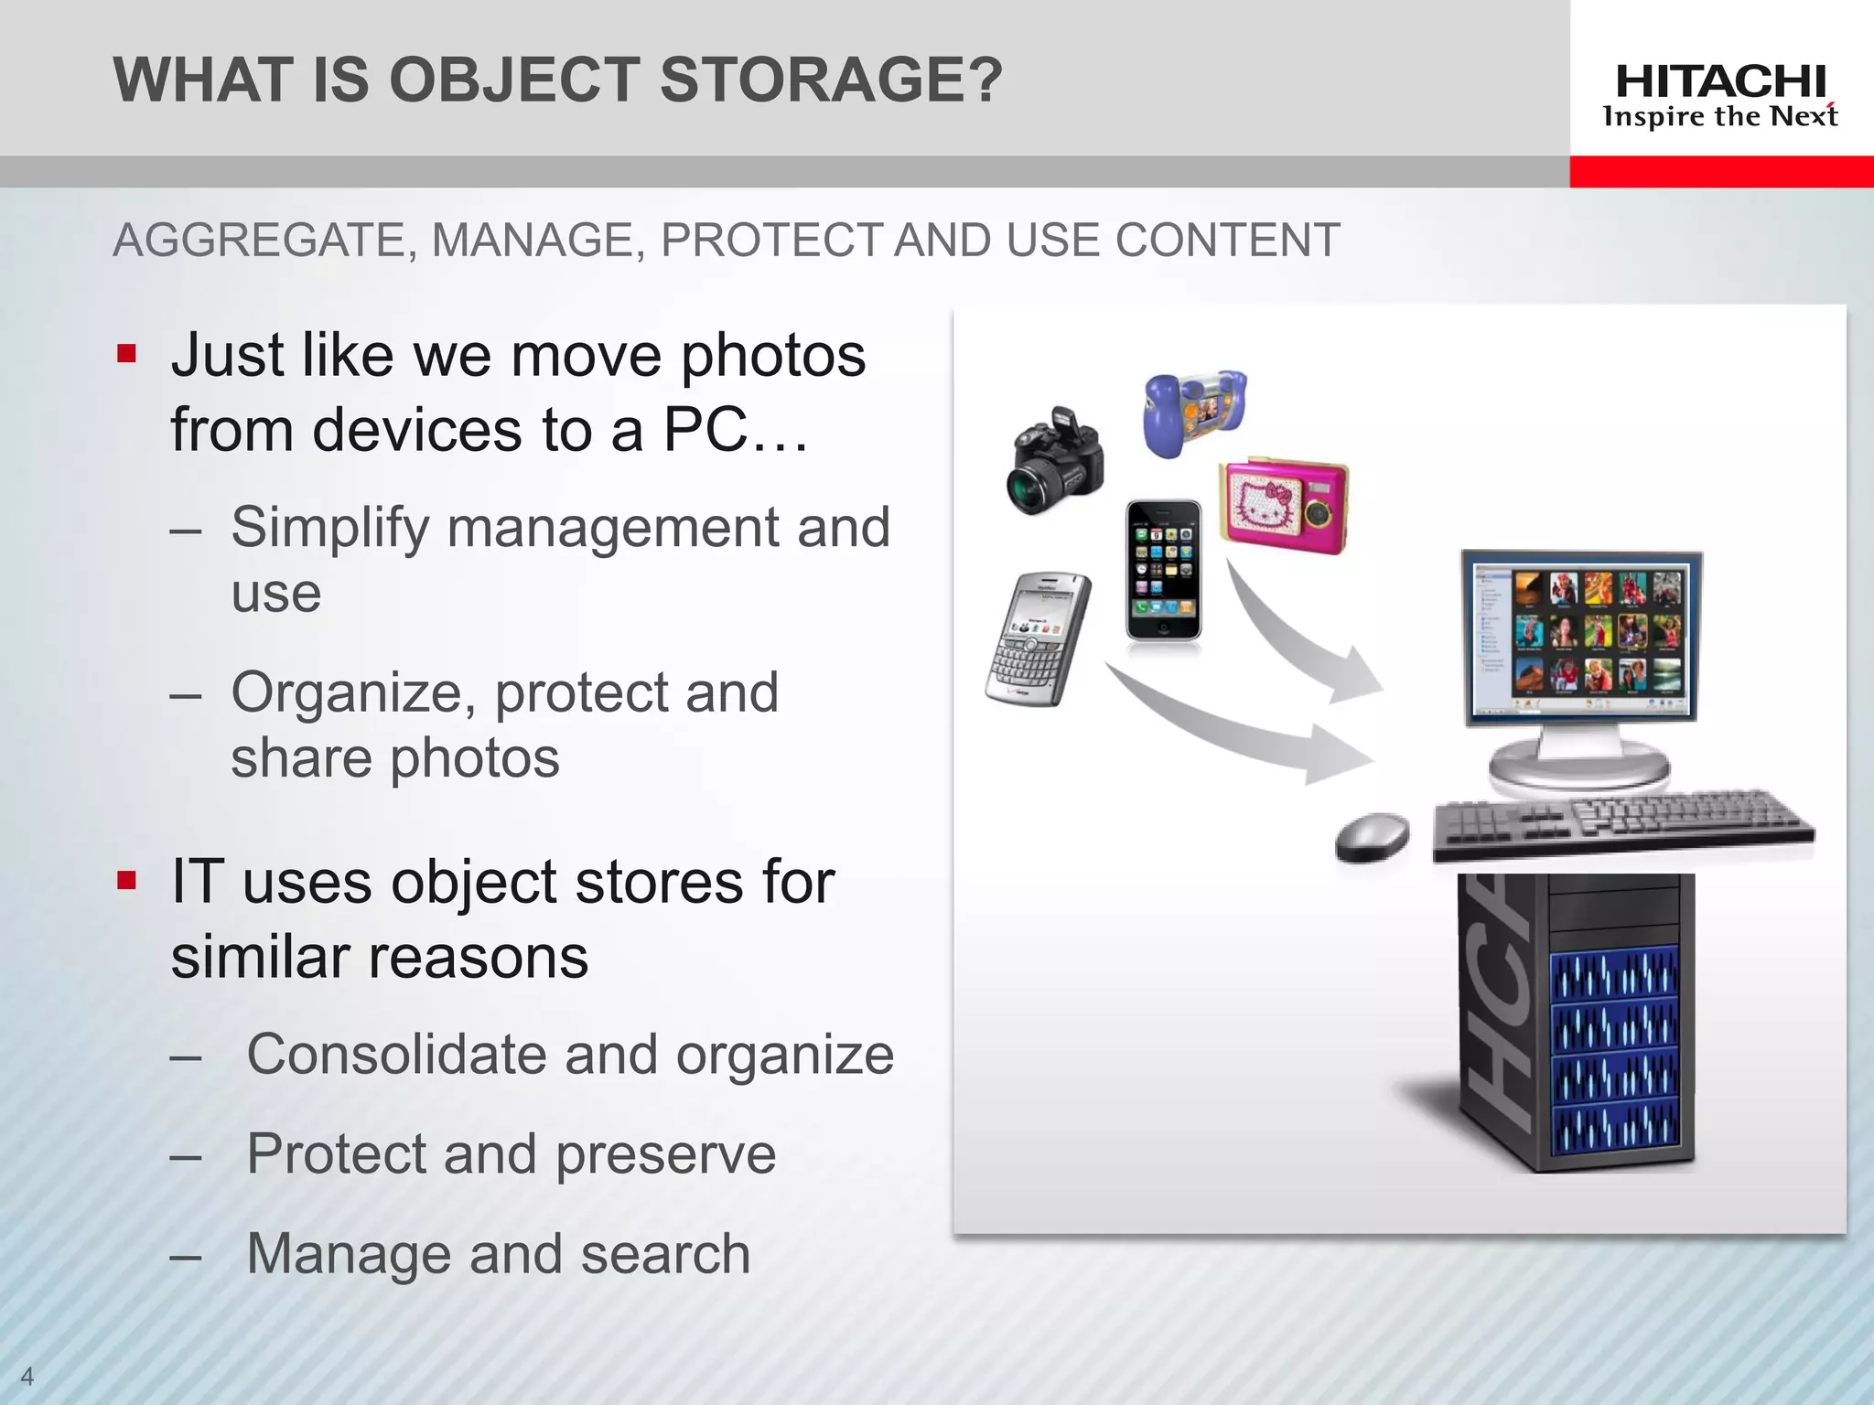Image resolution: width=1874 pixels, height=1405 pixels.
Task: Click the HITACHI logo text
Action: point(1720,82)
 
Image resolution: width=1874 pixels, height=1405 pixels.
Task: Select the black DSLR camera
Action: point(1054,463)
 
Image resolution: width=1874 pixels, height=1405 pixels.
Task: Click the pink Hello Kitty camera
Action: point(1284,506)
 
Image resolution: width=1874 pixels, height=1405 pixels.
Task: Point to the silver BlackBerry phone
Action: point(1039,638)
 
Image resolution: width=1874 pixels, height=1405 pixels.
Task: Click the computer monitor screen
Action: point(1582,637)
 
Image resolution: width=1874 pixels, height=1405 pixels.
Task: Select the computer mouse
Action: point(1373,837)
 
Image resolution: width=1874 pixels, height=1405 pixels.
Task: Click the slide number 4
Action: point(27,1375)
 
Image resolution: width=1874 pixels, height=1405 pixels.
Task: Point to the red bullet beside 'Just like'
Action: point(126,354)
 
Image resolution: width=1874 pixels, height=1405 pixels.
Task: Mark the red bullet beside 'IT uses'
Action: point(126,881)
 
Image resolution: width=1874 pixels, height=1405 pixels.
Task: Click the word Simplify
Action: point(329,529)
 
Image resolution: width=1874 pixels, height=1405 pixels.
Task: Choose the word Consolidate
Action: point(396,1055)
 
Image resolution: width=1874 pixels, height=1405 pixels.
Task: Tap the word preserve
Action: point(665,1154)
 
